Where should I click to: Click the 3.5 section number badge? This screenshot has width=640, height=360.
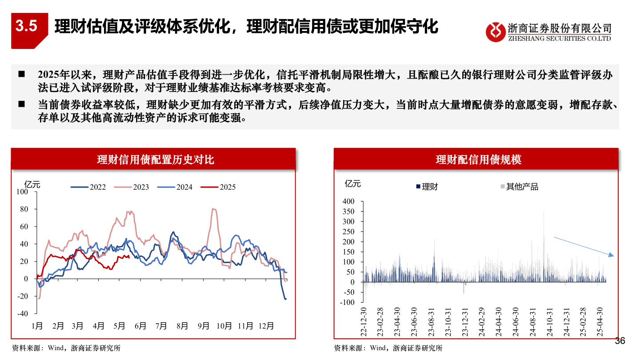pos(27,26)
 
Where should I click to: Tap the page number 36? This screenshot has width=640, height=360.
pos(620,341)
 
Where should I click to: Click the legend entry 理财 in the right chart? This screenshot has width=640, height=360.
pos(427,187)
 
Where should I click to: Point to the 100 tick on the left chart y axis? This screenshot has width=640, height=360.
pos(22,192)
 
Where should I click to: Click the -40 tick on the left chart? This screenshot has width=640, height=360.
pos(22,313)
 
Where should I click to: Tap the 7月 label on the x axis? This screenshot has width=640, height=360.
pos(161,326)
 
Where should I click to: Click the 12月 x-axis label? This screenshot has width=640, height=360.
pos(266,326)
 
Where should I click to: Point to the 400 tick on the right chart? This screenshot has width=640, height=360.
pos(348,201)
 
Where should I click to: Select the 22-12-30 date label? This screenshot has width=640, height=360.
pos(364,321)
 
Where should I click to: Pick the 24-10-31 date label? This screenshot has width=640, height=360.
pos(550,321)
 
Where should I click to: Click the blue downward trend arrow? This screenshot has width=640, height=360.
pos(583,247)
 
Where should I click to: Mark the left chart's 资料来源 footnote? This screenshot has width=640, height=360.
pos(65,348)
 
